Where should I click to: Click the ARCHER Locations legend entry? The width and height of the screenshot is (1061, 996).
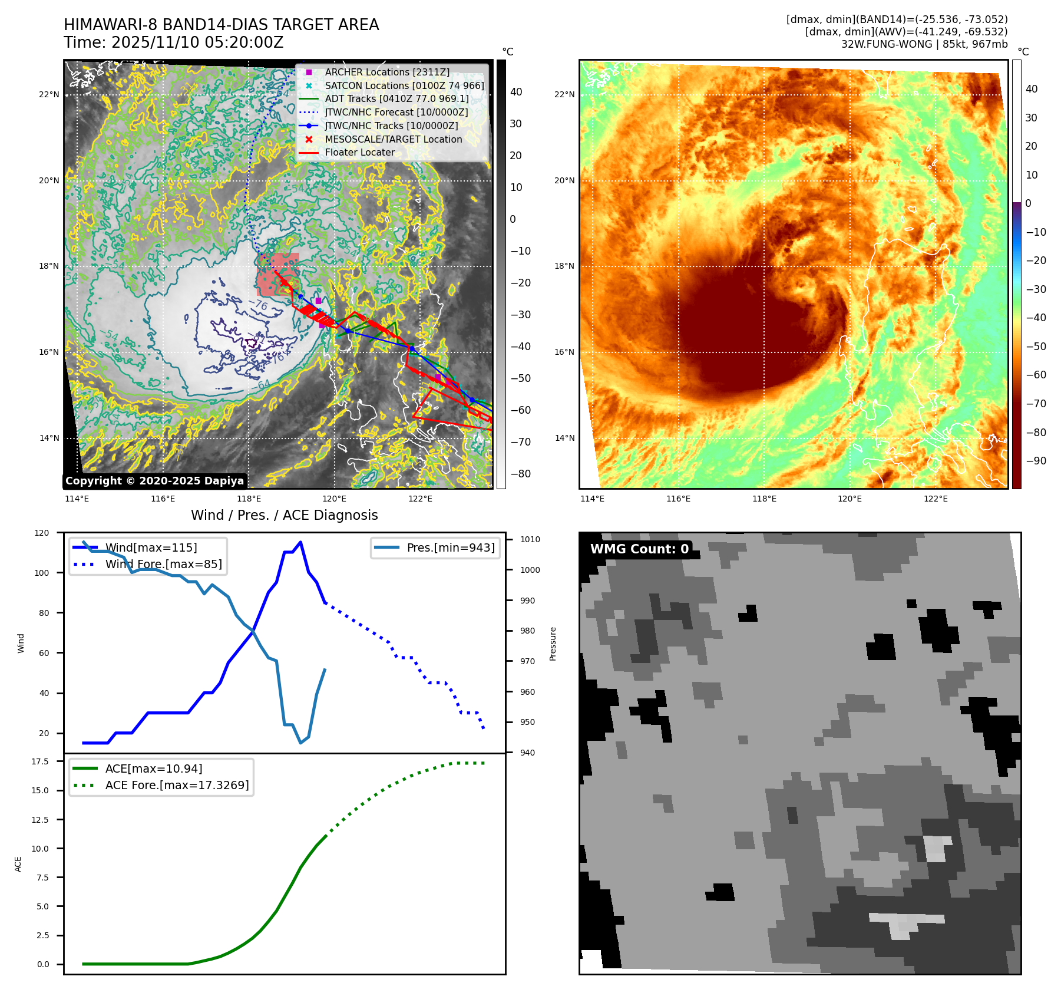[386, 72]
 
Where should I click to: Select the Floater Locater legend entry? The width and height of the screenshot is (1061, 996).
[359, 152]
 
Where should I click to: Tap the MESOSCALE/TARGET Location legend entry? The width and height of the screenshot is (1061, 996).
[393, 139]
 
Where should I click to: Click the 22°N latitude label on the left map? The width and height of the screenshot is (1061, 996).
[49, 94]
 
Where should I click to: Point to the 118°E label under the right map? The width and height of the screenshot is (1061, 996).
[764, 499]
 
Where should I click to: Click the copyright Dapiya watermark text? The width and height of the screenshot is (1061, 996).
[154, 481]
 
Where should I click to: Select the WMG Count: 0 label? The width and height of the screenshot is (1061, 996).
[639, 549]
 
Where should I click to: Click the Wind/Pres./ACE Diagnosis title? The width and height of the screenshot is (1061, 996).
[284, 515]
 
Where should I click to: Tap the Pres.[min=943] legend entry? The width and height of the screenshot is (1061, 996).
[450, 548]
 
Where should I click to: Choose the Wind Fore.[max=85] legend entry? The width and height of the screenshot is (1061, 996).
[163, 564]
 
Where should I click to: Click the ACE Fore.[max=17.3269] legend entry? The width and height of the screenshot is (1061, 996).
[177, 785]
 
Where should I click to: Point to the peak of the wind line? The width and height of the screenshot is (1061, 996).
[300, 542]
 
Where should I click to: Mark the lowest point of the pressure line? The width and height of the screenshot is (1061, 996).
[300, 743]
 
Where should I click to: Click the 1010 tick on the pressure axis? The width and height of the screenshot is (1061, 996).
[530, 539]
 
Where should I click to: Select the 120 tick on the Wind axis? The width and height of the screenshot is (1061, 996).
[42, 533]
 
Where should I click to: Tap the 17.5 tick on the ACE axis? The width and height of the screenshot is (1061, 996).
[40, 761]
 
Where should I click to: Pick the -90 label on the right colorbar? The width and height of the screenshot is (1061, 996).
[1036, 461]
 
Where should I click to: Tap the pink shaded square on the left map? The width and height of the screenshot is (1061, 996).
[278, 274]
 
